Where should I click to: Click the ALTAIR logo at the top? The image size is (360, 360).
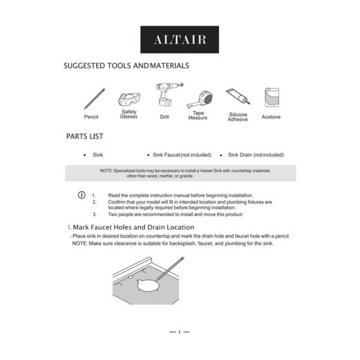tap(179, 40)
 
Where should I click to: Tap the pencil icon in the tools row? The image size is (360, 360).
tap(94, 98)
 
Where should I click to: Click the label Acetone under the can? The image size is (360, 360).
tap(271, 117)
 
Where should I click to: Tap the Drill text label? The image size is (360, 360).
tap(164, 117)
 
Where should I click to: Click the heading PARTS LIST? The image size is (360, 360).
tap(85, 137)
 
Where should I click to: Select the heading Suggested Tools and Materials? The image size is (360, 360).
tap(127, 65)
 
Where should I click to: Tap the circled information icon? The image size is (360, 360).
tap(82, 196)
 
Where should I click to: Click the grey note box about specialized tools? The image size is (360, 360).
tap(180, 173)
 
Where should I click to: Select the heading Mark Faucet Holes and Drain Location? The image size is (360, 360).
tap(131, 227)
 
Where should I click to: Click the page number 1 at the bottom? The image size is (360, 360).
tap(179, 332)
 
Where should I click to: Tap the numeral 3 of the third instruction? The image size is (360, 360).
tap(94, 214)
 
